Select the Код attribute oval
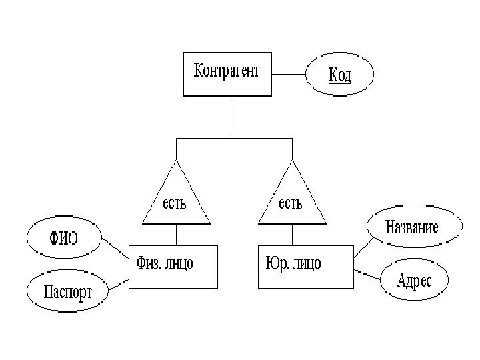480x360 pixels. point(339,75)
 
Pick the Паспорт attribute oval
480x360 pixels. point(67,290)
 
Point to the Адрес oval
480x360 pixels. point(413,280)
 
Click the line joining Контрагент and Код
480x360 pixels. point(289,75)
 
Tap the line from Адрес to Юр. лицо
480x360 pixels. point(367,274)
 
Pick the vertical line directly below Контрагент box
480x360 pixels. point(231,117)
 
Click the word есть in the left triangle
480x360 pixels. point(175,202)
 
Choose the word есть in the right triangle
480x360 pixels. point(291,202)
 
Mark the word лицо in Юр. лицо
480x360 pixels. point(307,264)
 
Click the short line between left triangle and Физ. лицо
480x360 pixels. point(176,233)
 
